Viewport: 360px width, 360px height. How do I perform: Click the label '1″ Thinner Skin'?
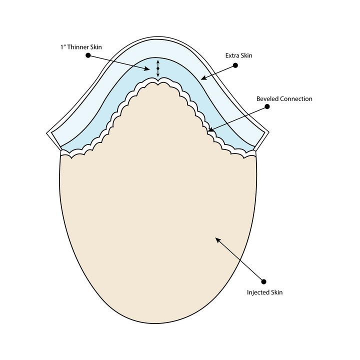(x=81, y=47)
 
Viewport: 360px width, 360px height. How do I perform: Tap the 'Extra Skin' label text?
(x=239, y=55)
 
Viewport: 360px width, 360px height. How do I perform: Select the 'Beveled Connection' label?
(x=284, y=99)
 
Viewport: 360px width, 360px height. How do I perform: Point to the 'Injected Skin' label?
(x=264, y=292)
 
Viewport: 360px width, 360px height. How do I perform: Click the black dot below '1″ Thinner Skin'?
(x=88, y=55)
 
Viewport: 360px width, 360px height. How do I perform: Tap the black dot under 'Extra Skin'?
(x=235, y=65)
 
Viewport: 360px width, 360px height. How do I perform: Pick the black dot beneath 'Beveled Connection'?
(x=267, y=106)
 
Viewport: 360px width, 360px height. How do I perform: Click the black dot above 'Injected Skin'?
(x=264, y=281)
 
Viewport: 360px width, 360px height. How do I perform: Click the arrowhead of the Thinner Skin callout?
(x=147, y=68)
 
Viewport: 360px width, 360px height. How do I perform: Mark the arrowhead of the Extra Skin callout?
(x=203, y=78)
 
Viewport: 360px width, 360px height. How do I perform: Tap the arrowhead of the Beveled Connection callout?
(x=210, y=130)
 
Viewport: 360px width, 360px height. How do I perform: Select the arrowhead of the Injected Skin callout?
(x=217, y=239)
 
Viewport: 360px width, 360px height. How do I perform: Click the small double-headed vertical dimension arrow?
(x=158, y=68)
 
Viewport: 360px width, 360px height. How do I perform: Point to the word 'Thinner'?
(x=77, y=47)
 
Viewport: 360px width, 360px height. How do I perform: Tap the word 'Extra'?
(x=231, y=55)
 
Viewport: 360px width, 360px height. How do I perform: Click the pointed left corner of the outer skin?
(x=47, y=133)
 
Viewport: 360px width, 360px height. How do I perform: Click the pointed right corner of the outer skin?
(x=269, y=132)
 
